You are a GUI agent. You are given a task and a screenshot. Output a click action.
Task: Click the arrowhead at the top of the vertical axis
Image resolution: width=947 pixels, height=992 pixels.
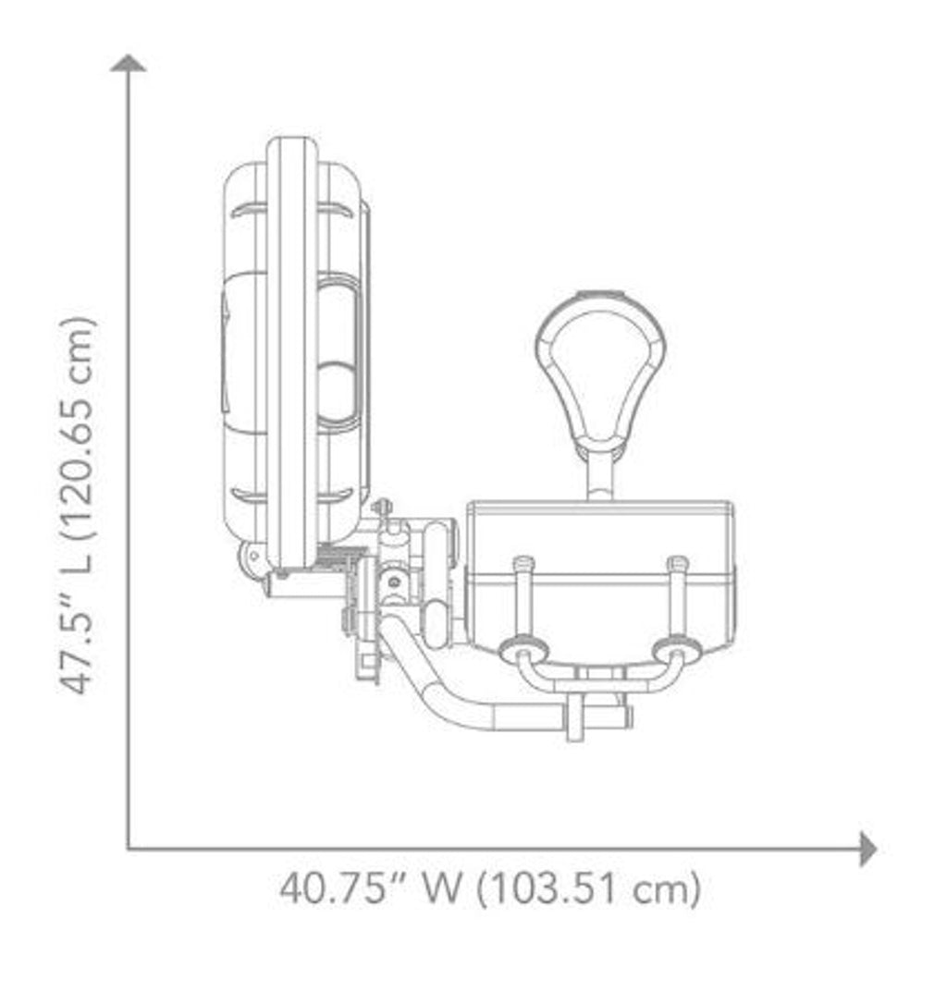pos(129,63)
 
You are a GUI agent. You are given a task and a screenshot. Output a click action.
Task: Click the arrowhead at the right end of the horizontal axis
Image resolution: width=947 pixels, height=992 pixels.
pos(867,849)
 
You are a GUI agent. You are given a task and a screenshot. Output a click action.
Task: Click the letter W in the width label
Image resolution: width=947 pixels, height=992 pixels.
pos(441,888)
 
